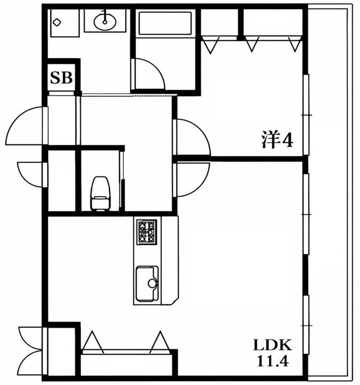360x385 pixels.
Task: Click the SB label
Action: click(61, 78)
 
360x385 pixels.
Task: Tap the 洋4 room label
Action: click(277, 140)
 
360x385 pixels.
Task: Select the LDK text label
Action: click(273, 345)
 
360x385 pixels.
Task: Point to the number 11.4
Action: click(273, 361)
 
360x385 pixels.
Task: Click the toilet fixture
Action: click(100, 194)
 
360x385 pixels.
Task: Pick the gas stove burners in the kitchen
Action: click(147, 232)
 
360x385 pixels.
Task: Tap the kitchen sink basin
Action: click(147, 283)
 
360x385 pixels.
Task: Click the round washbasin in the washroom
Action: click(105, 21)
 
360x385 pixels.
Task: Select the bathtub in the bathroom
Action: click(165, 24)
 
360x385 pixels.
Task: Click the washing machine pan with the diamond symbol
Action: click(65, 23)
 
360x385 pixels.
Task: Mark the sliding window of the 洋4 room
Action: click(306, 114)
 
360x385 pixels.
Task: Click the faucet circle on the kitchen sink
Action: click(152, 283)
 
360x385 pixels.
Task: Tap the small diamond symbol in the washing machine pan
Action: click(57, 22)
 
